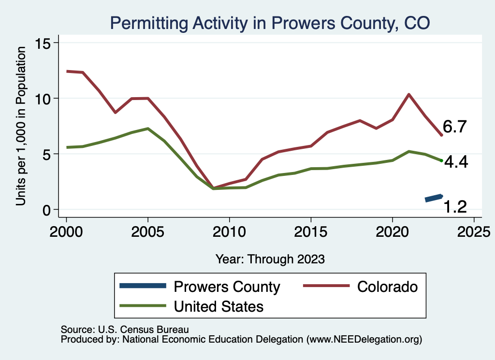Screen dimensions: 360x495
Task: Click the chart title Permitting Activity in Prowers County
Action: pyautogui.click(x=270, y=23)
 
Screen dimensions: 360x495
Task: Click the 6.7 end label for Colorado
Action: pyautogui.click(x=454, y=127)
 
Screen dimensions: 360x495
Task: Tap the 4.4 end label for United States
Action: pyautogui.click(x=456, y=162)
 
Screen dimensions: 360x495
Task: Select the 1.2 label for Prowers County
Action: pyautogui.click(x=455, y=207)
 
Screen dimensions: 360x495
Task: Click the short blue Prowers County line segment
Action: pyautogui.click(x=434, y=198)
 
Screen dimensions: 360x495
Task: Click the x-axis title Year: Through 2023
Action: pyautogui.click(x=270, y=259)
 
